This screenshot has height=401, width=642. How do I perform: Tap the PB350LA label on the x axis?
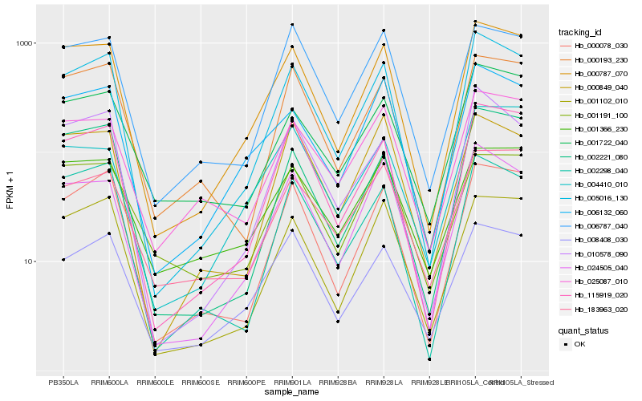coord(63,381)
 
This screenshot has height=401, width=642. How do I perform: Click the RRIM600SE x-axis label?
coord(201,381)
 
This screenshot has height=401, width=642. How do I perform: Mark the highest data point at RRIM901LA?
coord(292,24)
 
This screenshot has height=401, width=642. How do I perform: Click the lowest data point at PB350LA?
coord(63,260)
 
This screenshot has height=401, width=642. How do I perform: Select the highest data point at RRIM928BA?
coord(338,123)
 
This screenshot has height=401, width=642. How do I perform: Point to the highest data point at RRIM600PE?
coord(246,138)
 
